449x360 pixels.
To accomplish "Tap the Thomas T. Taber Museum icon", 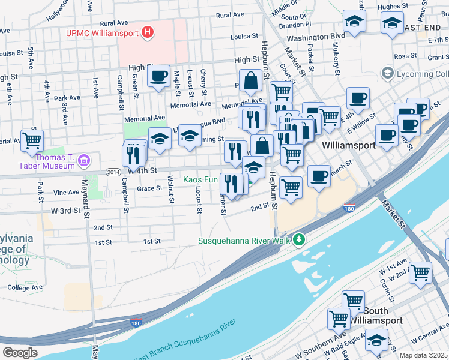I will click(x=83, y=160).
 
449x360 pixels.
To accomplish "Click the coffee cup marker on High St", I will click(x=158, y=76).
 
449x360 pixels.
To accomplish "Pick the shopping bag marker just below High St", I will click(x=250, y=80).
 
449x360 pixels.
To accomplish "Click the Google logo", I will click(x=20, y=352).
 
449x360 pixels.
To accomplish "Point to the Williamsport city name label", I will click(x=348, y=145).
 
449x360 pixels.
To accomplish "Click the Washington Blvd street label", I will click(x=315, y=37).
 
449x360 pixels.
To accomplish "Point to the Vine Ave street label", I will click(x=66, y=193).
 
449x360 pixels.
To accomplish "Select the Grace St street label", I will click(x=149, y=188).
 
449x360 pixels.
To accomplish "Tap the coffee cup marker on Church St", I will click(x=319, y=176).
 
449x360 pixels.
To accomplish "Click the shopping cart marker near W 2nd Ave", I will click(x=420, y=272).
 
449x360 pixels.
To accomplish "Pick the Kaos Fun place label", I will click(x=200, y=179).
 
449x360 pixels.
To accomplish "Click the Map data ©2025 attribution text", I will click(x=424, y=355).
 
